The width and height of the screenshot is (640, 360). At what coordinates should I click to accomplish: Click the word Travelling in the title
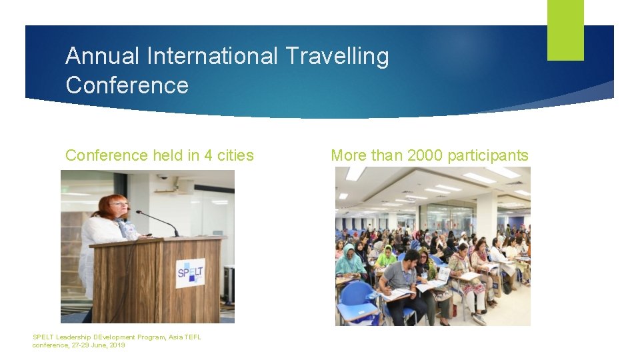tap(337, 57)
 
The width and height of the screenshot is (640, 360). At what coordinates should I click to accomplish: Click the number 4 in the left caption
tap(209, 155)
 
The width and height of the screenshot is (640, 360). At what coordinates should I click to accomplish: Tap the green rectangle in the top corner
tap(565, 29)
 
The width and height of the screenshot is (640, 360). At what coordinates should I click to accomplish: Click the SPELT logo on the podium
tap(191, 273)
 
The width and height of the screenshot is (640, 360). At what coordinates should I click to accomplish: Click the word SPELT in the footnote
tap(43, 337)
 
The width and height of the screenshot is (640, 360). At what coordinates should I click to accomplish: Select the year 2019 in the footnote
tap(116, 345)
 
